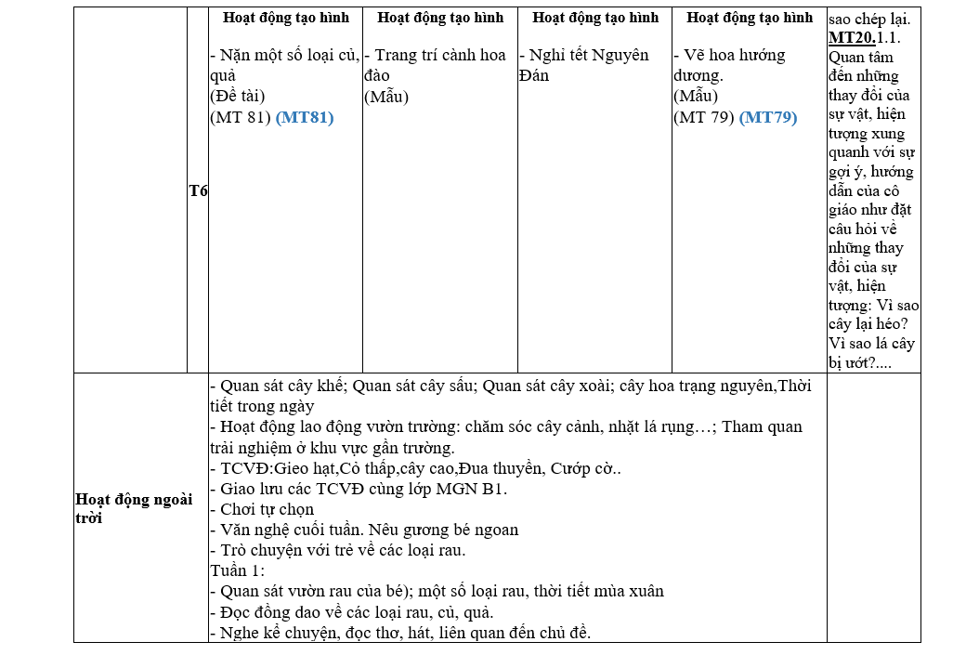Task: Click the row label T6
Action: [198, 190]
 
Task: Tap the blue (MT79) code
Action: [768, 117]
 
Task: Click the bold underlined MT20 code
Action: [849, 37]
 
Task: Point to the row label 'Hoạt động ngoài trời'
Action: [134, 508]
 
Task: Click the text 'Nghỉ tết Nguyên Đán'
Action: [584, 65]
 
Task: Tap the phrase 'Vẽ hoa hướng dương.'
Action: [730, 65]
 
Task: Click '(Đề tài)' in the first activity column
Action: [238, 96]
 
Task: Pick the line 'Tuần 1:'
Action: [238, 570]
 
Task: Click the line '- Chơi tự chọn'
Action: [263, 509]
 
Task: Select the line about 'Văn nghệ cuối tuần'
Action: [364, 530]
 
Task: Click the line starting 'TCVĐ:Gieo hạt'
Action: [415, 468]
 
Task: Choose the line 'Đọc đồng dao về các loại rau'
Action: [351, 612]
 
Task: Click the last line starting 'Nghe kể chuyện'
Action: [400, 633]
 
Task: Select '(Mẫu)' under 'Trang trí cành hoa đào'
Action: [386, 96]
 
